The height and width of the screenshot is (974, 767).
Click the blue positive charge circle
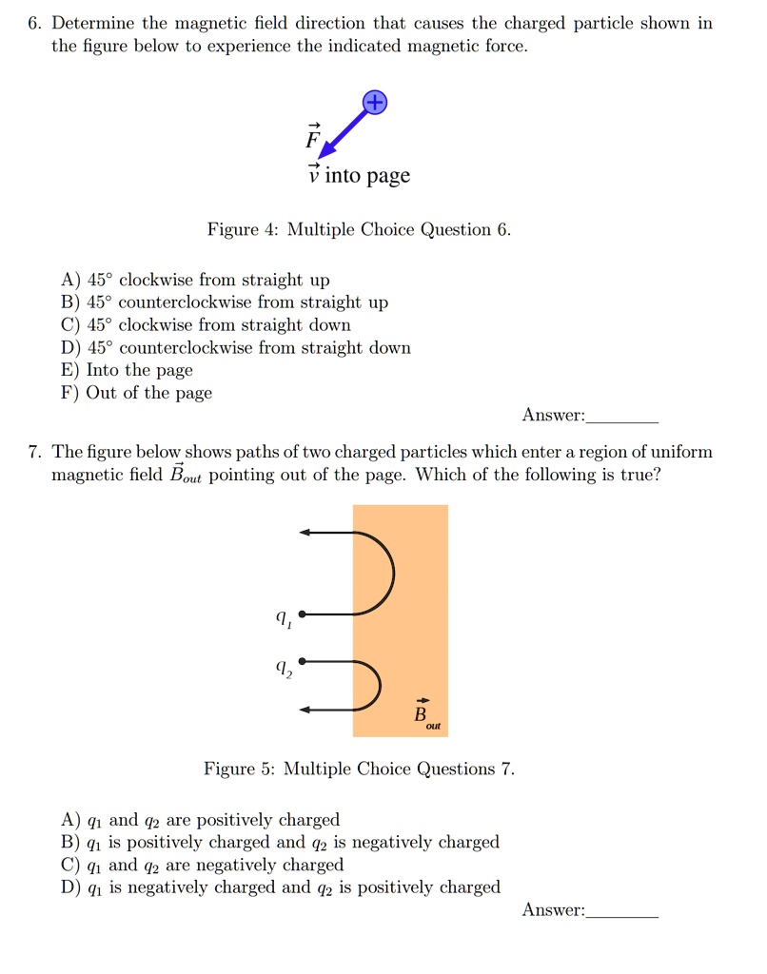376,103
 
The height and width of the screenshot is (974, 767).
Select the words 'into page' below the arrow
367,176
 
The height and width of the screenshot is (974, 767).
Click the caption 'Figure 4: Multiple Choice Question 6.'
360,229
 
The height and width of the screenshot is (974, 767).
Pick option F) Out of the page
137,393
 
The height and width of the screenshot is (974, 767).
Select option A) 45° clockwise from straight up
196,280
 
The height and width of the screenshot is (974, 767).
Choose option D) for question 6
236,347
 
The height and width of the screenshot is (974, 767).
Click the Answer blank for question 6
623,417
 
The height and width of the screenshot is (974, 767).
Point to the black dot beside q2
302,660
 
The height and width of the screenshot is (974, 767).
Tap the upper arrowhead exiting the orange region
306,533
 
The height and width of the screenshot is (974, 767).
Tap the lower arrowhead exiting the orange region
306,710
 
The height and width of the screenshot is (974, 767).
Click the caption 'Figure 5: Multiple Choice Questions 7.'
360,769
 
